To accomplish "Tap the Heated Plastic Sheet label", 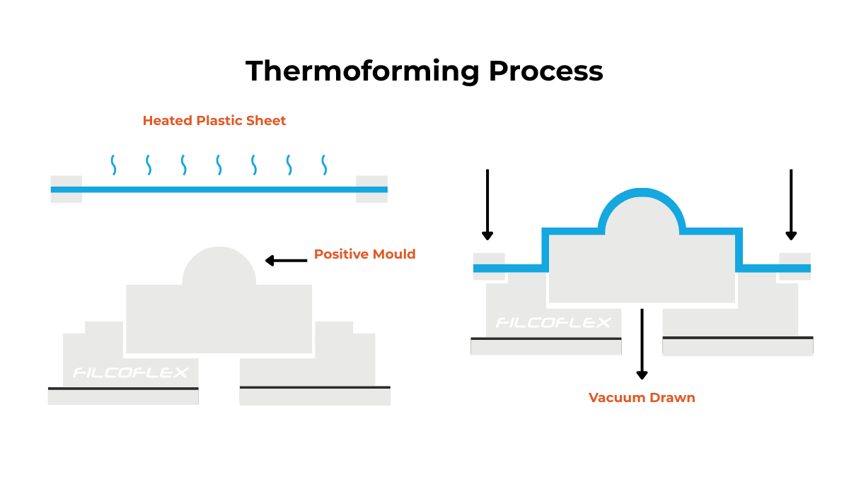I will click(214, 121).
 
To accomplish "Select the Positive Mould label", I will click(364, 254).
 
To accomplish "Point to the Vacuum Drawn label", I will click(642, 398).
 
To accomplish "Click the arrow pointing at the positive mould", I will click(287, 261).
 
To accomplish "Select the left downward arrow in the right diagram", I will click(487, 205).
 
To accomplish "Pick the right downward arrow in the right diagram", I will click(791, 205).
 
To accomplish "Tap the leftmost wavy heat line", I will click(113, 165).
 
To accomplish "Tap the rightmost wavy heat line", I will click(324, 165).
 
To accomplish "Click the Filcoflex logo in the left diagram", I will click(131, 372).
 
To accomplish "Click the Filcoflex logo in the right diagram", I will click(553, 323).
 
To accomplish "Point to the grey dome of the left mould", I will click(219, 267).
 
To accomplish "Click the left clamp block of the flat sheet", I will click(67, 189).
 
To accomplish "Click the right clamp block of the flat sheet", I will click(371, 189).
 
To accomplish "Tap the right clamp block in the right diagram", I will click(795, 266).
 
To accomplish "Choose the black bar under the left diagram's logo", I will click(123, 388).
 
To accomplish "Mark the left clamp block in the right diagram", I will click(489, 266).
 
